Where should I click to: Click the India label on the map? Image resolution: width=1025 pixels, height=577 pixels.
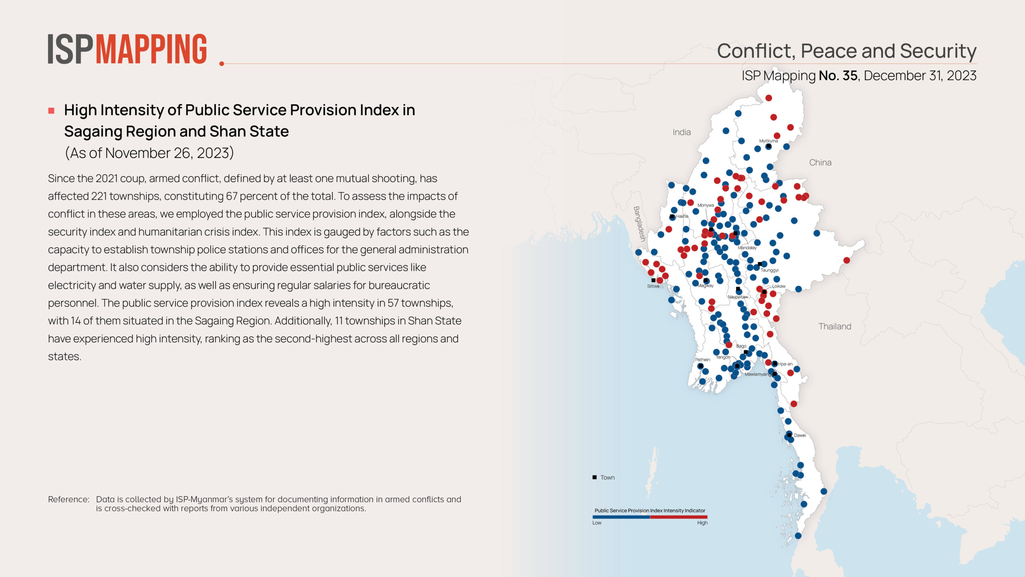(x=681, y=132)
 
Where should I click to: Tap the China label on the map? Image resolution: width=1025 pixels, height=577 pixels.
(x=820, y=163)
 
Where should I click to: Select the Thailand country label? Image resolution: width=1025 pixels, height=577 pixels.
(x=834, y=327)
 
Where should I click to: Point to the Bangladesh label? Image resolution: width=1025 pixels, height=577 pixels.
(x=639, y=224)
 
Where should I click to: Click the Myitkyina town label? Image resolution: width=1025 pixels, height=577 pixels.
(x=768, y=141)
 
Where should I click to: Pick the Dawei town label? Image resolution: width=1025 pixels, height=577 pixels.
(x=800, y=436)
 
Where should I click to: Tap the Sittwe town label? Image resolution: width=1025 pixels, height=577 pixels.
(x=653, y=286)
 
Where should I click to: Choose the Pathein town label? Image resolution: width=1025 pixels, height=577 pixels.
(x=702, y=360)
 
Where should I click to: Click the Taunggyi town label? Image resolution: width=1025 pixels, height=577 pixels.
(x=769, y=270)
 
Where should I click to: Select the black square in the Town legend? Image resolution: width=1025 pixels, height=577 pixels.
(x=595, y=477)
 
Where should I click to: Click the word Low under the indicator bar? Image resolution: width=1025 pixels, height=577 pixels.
(x=597, y=523)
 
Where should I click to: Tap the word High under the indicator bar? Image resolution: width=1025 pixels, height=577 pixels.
(x=702, y=523)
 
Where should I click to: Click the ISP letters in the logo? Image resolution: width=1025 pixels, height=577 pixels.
(x=70, y=49)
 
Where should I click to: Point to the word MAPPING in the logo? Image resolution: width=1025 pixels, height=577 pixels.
(x=151, y=49)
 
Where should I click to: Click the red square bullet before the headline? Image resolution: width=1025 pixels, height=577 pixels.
(x=51, y=111)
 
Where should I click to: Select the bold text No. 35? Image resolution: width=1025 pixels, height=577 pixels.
(x=838, y=76)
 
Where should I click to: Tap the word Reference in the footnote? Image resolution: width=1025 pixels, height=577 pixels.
(x=68, y=499)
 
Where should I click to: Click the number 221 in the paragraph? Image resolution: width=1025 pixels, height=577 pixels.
(x=99, y=196)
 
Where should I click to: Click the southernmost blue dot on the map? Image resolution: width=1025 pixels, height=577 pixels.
(x=798, y=536)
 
